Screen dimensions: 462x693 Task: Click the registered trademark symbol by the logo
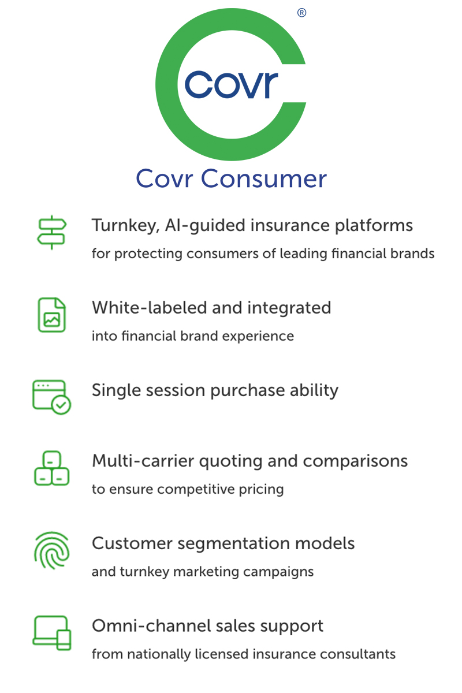click(x=301, y=13)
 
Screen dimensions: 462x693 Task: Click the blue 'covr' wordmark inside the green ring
click(x=232, y=85)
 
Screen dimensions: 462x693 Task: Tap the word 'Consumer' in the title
click(x=264, y=178)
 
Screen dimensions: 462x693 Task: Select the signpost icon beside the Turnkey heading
click(x=51, y=232)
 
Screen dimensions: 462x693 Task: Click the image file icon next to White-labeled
click(x=51, y=315)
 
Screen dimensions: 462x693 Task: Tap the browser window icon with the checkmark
click(x=51, y=397)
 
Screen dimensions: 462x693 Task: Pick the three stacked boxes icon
click(x=51, y=468)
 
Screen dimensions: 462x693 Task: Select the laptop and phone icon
click(x=51, y=633)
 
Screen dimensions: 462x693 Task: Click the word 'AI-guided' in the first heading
click(x=205, y=226)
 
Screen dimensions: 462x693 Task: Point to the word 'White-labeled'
click(x=150, y=308)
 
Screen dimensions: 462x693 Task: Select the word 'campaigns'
click(x=278, y=572)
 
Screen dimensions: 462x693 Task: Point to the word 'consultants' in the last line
click(x=357, y=654)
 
